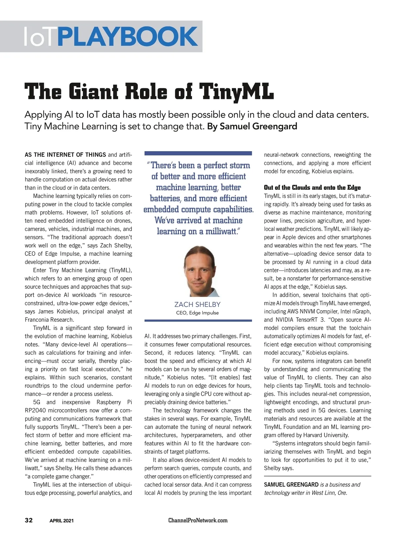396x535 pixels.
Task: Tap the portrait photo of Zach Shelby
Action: point(198,271)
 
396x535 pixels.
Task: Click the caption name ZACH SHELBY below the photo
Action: point(197,304)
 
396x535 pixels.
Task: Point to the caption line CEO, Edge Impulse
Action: point(197,313)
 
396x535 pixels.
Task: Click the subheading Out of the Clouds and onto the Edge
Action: point(312,187)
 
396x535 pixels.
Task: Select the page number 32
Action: point(29,520)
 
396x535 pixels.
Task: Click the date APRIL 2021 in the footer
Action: point(61,520)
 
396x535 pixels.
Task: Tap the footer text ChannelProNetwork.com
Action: point(198,520)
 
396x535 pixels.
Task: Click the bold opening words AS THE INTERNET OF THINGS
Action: point(65,154)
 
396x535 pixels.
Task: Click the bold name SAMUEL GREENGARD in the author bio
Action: point(291,485)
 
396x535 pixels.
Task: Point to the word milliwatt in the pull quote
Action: point(221,231)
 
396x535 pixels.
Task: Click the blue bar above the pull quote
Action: point(198,153)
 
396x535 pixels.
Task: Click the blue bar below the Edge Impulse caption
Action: point(198,320)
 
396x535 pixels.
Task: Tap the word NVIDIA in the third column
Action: point(284,319)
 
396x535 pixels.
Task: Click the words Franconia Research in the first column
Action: point(49,319)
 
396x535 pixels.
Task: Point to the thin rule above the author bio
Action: point(317,476)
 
